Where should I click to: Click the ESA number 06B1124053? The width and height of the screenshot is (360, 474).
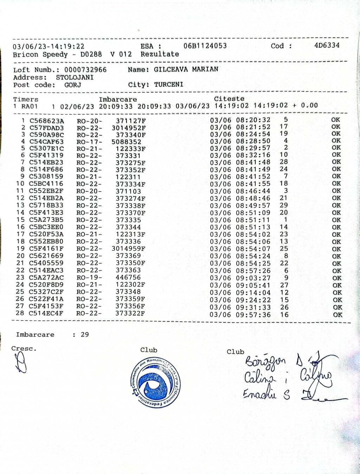205,46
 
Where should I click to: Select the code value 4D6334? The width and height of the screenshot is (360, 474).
327,45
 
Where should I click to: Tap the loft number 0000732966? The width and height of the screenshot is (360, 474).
85,70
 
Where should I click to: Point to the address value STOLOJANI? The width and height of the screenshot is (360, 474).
75,77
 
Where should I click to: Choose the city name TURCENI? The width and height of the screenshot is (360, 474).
169,85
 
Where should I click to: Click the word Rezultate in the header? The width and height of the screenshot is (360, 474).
160,54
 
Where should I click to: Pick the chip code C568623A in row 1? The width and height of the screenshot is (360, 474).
47,121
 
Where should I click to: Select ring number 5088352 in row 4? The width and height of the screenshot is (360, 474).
127,142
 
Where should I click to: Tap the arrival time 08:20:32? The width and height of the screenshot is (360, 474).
253,120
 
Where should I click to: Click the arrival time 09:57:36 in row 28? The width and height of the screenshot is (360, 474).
253,315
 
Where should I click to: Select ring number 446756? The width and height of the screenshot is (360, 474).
128,277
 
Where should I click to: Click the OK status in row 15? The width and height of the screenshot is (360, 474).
336,220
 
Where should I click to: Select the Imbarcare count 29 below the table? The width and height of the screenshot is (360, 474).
85,334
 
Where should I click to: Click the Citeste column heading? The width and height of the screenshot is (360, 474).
229,99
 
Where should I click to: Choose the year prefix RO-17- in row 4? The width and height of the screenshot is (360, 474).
89,142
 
